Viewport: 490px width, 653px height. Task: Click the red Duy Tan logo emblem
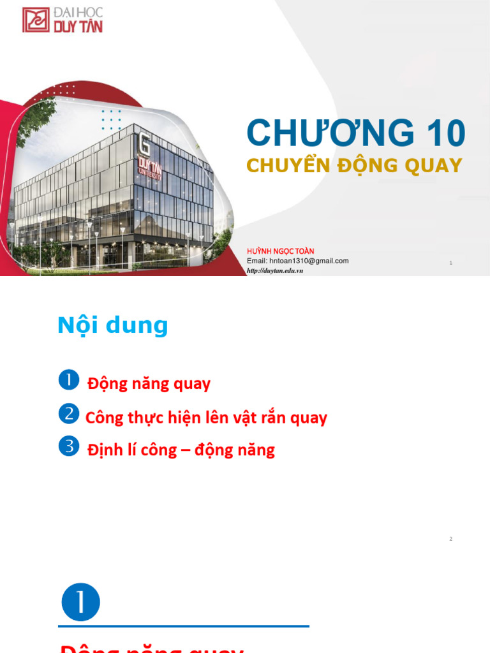pos(36,20)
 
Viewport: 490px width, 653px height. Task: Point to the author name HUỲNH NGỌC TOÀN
pos(280,251)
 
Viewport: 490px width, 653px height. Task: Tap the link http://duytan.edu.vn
pos(274,270)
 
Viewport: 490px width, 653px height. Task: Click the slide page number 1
pos(450,263)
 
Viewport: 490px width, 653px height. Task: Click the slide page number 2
pos(450,539)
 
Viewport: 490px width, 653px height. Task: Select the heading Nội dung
pos(112,325)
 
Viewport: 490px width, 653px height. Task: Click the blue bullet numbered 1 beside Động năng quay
pos(68,380)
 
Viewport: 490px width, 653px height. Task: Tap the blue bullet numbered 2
pos(68,414)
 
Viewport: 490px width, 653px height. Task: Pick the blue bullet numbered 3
pos(68,446)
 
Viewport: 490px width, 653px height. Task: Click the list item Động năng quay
pos(149,384)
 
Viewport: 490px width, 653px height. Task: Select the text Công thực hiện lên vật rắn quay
pos(206,418)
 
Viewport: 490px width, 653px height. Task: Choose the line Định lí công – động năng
pos(181,450)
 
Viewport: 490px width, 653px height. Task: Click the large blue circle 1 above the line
pos(81,602)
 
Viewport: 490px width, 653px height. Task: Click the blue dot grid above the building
pos(111,120)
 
